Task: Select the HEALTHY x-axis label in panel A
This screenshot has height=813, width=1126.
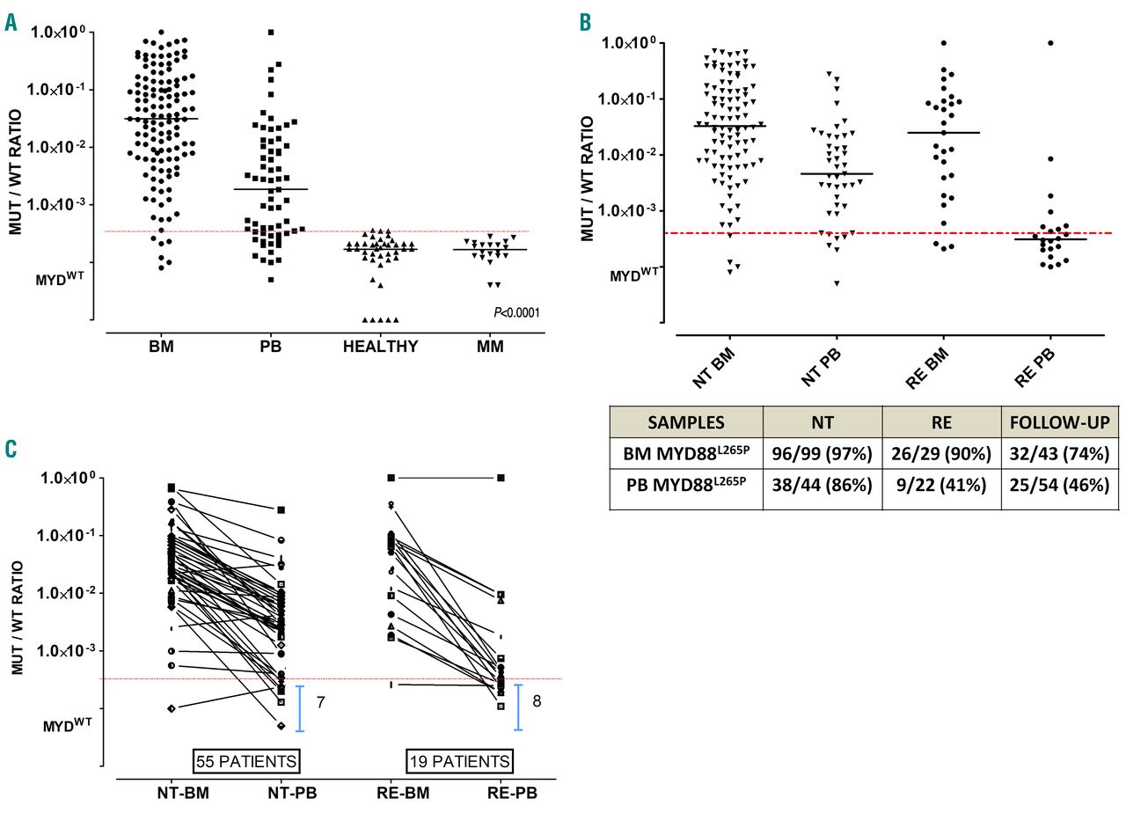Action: (x=381, y=348)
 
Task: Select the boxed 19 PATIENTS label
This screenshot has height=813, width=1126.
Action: (x=459, y=759)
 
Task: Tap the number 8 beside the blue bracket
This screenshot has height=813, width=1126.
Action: (x=537, y=700)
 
